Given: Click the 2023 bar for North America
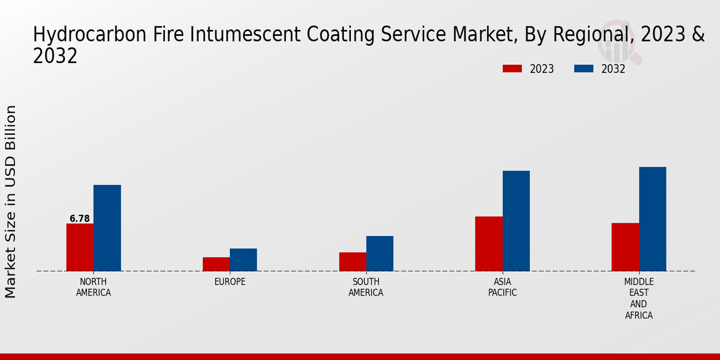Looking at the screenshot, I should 80,247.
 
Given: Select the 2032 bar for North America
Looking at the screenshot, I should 107,228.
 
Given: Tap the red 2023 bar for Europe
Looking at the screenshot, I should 216,264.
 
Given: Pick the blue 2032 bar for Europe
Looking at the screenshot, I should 243,260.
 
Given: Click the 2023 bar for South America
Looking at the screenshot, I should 352,262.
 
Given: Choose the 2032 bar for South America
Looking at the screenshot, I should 380,253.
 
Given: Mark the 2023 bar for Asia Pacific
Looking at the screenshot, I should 488,244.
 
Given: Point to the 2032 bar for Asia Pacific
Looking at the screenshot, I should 516,221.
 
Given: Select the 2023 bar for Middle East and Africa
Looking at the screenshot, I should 625,247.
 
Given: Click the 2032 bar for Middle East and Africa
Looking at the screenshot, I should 652,219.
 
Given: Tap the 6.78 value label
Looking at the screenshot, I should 80,219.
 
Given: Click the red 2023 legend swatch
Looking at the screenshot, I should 512,68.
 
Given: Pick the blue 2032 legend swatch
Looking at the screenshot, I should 583,68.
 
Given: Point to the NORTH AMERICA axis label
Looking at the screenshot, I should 94,287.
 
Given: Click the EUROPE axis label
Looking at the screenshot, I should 230,282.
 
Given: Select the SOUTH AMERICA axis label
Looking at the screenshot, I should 366,287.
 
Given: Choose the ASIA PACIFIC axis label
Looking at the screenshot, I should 502,287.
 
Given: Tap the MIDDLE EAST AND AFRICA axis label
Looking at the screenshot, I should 638,298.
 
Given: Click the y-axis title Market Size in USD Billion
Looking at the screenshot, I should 11,202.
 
